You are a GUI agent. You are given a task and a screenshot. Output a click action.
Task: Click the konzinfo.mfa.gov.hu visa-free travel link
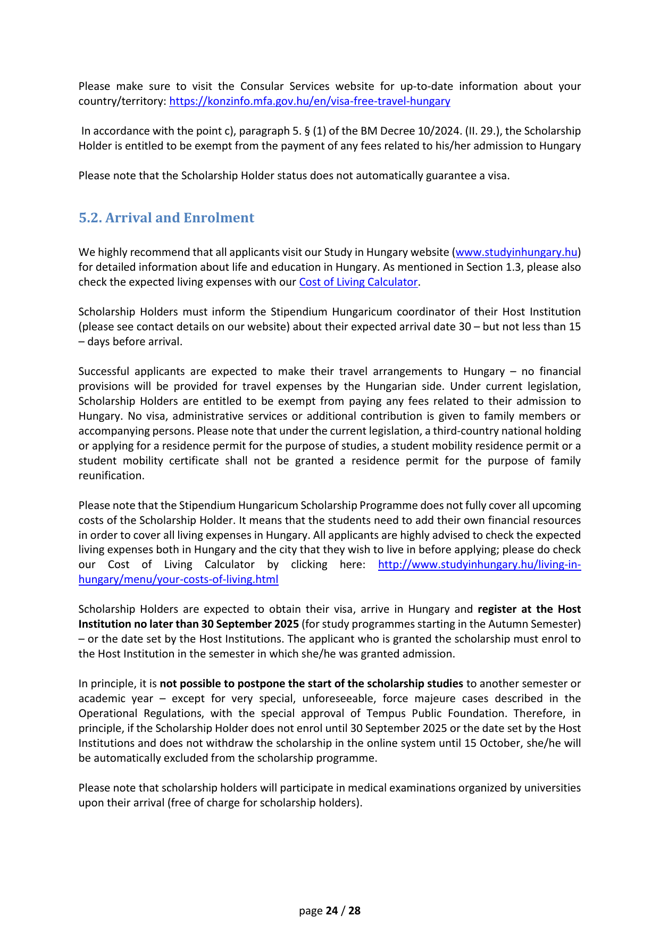(x=310, y=101)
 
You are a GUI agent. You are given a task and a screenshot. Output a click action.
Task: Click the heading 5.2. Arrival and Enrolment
(x=166, y=218)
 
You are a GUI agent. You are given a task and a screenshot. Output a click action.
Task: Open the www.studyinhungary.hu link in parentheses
(x=516, y=252)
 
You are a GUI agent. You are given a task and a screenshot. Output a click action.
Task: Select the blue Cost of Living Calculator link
(x=358, y=282)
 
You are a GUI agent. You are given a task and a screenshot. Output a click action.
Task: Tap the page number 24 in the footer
(x=332, y=911)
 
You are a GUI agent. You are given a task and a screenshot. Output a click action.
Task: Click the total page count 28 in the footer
(x=354, y=911)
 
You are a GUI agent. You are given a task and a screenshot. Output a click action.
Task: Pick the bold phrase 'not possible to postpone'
(x=223, y=684)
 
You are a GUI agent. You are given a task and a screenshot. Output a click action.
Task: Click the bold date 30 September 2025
(x=250, y=624)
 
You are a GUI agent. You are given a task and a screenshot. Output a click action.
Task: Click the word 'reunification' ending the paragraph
(x=111, y=476)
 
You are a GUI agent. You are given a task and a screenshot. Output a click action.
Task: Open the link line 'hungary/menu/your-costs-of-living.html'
(x=178, y=579)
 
